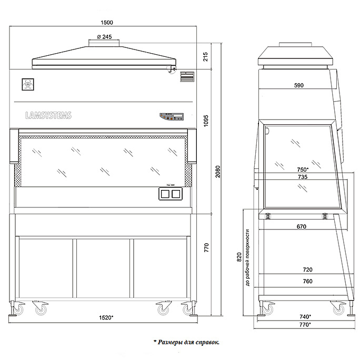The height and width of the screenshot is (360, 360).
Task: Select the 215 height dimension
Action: coord(205,56)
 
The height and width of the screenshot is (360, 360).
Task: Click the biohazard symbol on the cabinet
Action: coord(26,83)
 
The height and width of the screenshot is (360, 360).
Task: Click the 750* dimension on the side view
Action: coord(302,169)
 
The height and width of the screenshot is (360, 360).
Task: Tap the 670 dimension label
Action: coord(302,227)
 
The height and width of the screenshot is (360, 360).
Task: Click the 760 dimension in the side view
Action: coord(307,282)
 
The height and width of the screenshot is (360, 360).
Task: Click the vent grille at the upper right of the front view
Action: coord(187,76)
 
